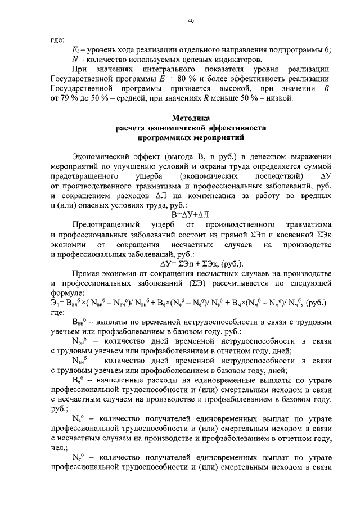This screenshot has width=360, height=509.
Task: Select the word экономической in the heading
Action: pos(191,128)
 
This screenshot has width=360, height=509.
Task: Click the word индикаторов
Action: pos(225,60)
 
